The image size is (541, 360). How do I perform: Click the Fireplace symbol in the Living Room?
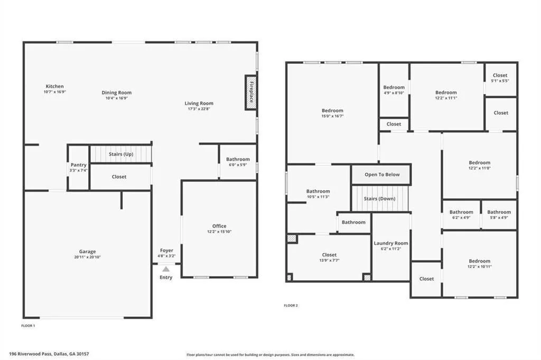click(x=251, y=92)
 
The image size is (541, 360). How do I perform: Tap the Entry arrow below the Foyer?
click(x=166, y=269)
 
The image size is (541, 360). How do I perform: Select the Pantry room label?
click(x=78, y=165)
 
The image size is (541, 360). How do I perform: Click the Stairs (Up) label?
click(x=120, y=154)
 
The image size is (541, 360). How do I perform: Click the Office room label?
click(x=219, y=226)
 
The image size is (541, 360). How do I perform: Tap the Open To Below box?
click(x=382, y=175)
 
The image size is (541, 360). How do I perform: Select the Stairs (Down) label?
click(x=380, y=199)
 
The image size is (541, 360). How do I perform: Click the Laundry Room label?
click(x=391, y=243)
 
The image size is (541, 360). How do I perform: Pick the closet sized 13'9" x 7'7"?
click(x=329, y=258)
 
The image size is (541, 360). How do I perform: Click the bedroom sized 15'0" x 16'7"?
click(x=332, y=113)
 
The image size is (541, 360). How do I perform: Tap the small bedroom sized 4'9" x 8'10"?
click(x=394, y=90)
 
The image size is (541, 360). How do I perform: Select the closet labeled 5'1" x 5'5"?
click(x=500, y=78)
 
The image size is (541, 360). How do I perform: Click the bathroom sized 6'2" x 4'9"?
click(x=461, y=214)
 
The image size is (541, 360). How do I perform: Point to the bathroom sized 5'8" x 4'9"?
click(x=499, y=214)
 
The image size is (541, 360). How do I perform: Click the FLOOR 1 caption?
click(x=28, y=326)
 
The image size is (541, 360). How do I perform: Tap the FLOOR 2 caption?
click(x=291, y=305)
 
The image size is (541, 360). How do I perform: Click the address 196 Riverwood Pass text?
click(x=49, y=354)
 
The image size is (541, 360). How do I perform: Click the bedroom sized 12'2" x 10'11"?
click(x=479, y=263)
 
